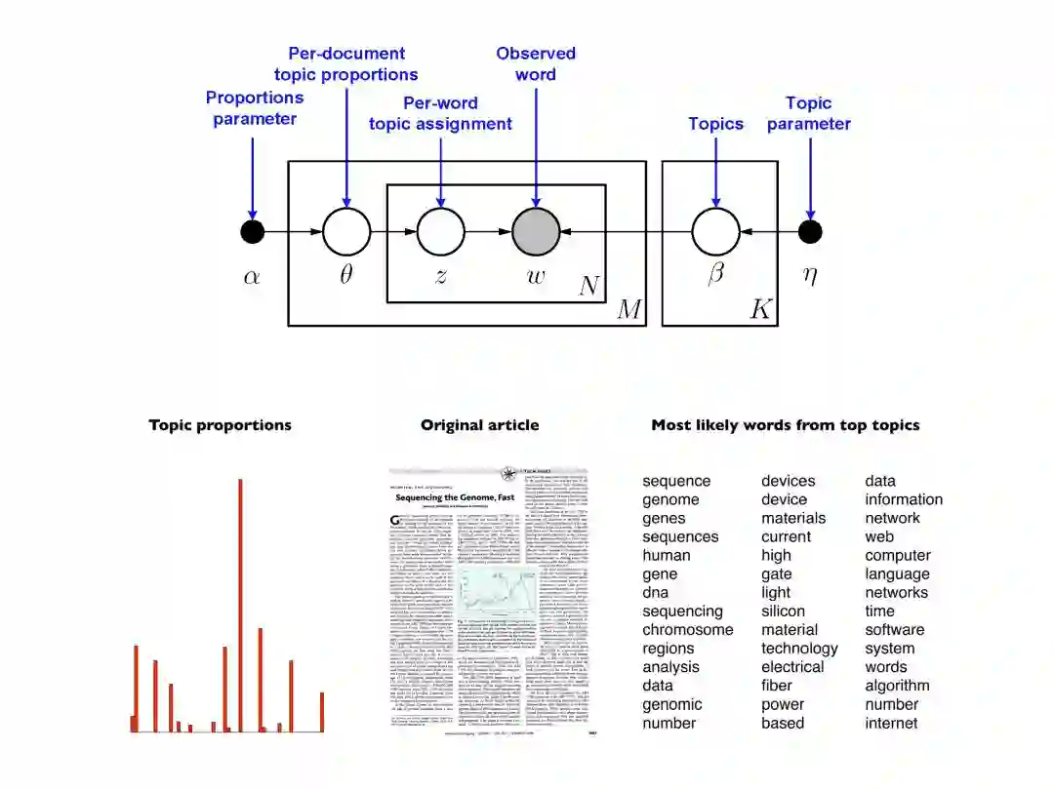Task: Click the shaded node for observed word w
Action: point(536,232)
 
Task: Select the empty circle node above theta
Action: point(346,232)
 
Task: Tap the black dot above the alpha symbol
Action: point(252,232)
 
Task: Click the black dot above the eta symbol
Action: point(810,232)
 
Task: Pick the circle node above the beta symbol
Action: point(715,232)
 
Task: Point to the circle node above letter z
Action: point(441,232)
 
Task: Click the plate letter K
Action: point(760,310)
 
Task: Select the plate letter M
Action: point(629,310)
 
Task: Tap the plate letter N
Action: point(589,286)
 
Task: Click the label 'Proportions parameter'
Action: point(255,108)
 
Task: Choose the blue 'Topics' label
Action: point(715,124)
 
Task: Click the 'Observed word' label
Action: point(536,63)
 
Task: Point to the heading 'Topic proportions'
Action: point(220,425)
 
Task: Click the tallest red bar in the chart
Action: point(240,605)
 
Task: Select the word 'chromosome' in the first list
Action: point(687,630)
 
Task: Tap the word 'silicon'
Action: point(783,612)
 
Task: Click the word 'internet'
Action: point(891,723)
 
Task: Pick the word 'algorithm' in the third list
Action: point(897,686)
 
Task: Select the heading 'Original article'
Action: point(479,425)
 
